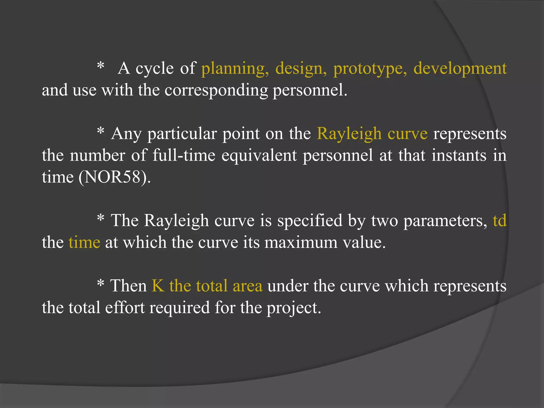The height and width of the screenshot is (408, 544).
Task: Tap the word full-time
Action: pos(184,155)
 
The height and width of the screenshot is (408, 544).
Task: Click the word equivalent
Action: pos(259,155)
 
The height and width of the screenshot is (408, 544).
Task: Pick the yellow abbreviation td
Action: pos(500,220)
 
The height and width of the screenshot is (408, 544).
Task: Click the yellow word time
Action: pos(84,243)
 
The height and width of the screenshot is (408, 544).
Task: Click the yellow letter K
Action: pos(158,286)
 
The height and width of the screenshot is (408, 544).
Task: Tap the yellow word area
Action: pos(248,286)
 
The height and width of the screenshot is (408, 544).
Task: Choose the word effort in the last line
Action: pos(125,308)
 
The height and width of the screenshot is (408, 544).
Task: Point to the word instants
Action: pos(459,155)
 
